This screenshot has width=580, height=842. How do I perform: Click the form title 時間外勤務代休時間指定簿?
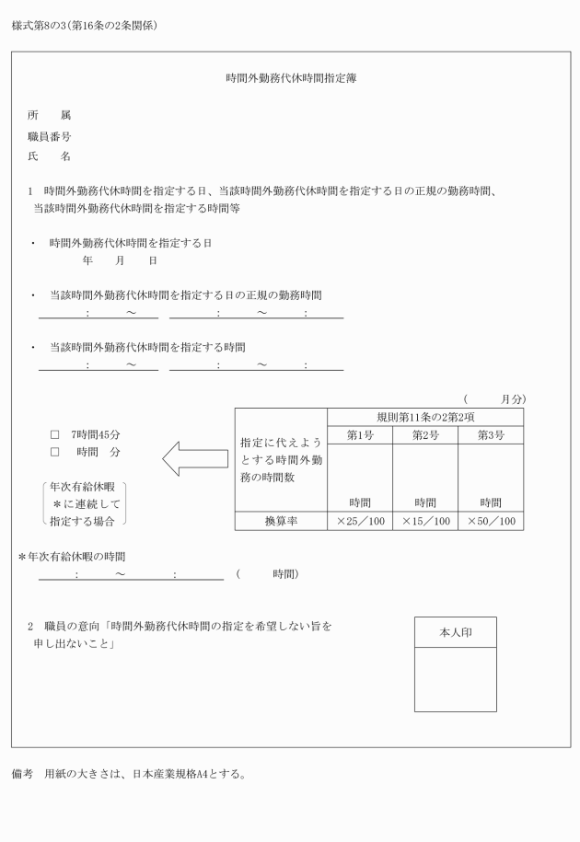pos(291,79)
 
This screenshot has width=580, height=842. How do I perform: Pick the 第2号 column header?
pos(424,435)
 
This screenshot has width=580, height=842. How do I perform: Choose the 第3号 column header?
pos(491,435)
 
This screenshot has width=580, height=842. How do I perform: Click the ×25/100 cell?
pos(359,522)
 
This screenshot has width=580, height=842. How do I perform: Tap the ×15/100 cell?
pos(424,522)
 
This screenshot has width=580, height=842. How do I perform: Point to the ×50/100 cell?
pos(491,522)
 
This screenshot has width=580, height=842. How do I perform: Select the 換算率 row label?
pos(281,522)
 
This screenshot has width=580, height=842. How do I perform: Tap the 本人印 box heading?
pos(455,633)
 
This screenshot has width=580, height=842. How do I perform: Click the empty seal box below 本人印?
pos(455,680)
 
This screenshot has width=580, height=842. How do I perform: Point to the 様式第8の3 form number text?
pos(37,25)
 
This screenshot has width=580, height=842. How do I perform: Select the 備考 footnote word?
pos(24,773)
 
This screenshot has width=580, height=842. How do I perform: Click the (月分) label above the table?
pos(494,398)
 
